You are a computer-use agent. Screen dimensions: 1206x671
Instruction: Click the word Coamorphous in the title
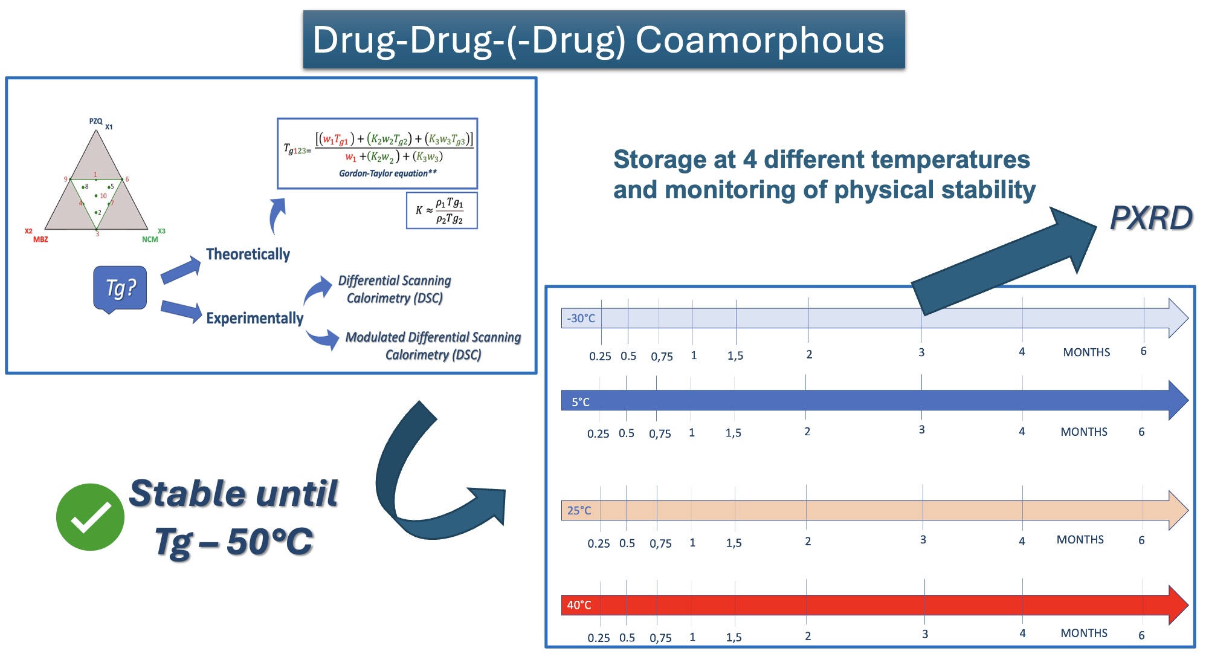[759, 41]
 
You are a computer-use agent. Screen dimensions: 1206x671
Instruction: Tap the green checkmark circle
[90, 517]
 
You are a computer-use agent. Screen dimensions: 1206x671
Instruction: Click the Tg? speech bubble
[120, 288]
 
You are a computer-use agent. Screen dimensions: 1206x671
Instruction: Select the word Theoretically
[248, 254]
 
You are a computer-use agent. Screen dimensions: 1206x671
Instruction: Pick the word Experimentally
[254, 318]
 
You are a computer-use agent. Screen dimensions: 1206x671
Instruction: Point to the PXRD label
[1151, 218]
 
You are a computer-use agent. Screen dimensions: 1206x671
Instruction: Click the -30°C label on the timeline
[581, 318]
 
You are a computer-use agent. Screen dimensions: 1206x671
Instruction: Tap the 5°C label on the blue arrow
[580, 402]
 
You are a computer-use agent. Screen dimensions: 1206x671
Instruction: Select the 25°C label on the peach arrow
[579, 510]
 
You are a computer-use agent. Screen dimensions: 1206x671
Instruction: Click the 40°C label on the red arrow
[579, 605]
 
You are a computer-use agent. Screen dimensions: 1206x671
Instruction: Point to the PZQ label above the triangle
[95, 122]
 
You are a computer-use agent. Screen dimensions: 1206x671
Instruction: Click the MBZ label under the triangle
[40, 240]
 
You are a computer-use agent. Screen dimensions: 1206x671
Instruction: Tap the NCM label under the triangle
[150, 240]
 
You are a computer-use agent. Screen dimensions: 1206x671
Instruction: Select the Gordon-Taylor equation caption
[387, 173]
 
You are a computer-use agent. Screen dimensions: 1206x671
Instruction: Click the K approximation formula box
[442, 211]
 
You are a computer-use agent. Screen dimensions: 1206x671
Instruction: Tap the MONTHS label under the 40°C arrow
[1084, 633]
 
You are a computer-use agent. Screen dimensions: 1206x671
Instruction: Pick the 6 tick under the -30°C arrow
[1143, 351]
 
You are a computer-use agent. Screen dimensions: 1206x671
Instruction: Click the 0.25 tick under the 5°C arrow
[598, 433]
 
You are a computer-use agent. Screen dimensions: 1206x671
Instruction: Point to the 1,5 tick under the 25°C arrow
[734, 542]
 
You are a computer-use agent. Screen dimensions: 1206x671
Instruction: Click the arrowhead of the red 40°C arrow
[1178, 605]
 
